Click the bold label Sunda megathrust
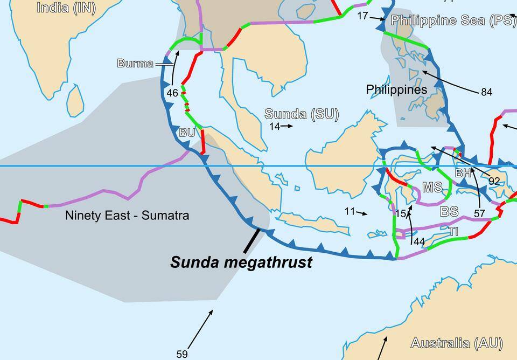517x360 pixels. click(x=241, y=262)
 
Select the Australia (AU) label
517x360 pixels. click(x=456, y=343)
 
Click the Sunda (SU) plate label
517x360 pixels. click(x=301, y=114)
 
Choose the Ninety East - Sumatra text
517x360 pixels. click(x=127, y=216)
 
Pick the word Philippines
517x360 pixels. click(x=396, y=89)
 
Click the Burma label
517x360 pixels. click(x=135, y=64)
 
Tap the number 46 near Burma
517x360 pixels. click(x=172, y=93)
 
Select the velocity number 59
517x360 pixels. click(x=182, y=354)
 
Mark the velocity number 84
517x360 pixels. click(x=486, y=92)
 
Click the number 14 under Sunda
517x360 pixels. click(x=275, y=127)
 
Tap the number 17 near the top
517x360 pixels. click(x=362, y=16)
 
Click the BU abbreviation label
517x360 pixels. click(x=187, y=133)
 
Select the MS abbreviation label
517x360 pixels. click(x=432, y=188)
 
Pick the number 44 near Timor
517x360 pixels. click(x=420, y=241)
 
